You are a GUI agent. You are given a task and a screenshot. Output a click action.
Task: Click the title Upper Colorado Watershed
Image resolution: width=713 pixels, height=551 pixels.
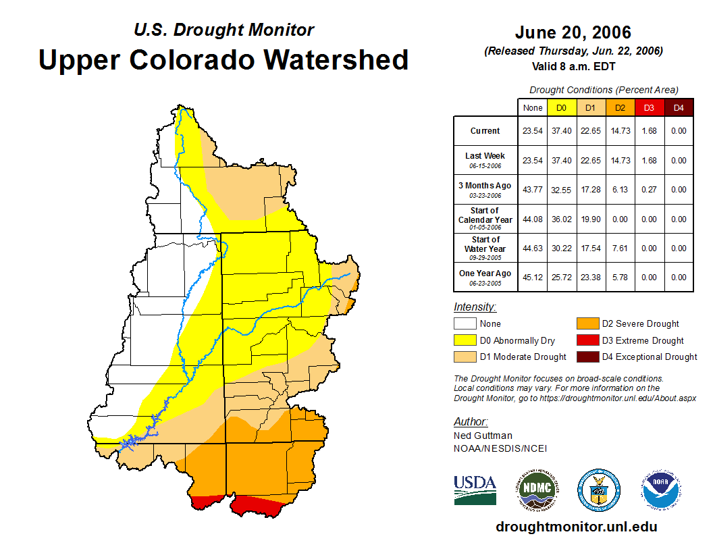[x=223, y=60]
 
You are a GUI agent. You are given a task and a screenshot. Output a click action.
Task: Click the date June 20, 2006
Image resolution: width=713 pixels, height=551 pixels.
[x=573, y=32]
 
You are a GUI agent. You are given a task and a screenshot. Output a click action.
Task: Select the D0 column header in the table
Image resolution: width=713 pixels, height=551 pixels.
[x=561, y=107]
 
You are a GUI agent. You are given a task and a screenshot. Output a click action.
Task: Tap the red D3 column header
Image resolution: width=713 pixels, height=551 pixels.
[x=649, y=107]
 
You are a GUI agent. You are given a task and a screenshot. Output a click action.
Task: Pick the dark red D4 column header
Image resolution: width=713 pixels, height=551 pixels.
[x=679, y=107]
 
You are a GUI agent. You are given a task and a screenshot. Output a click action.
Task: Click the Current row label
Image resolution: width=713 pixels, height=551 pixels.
[x=485, y=131]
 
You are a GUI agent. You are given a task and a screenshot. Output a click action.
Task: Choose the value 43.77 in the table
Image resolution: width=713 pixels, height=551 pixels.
[x=533, y=190]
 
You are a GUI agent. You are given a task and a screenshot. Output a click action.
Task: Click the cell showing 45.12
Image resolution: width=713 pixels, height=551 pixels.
[x=533, y=278]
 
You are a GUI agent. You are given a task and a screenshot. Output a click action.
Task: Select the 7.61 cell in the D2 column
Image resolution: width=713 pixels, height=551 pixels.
[x=620, y=248]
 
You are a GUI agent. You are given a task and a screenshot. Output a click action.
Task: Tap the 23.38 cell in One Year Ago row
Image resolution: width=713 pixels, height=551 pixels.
[x=591, y=278]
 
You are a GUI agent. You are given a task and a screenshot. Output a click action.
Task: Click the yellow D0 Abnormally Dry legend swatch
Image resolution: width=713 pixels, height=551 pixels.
[x=465, y=340]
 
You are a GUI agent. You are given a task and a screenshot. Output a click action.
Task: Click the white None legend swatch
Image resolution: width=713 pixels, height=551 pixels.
[x=465, y=324]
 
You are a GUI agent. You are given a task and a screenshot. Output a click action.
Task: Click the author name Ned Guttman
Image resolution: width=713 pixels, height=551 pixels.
[x=483, y=436]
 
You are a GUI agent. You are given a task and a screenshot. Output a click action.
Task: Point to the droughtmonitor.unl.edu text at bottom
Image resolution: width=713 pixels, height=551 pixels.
[x=576, y=527]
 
